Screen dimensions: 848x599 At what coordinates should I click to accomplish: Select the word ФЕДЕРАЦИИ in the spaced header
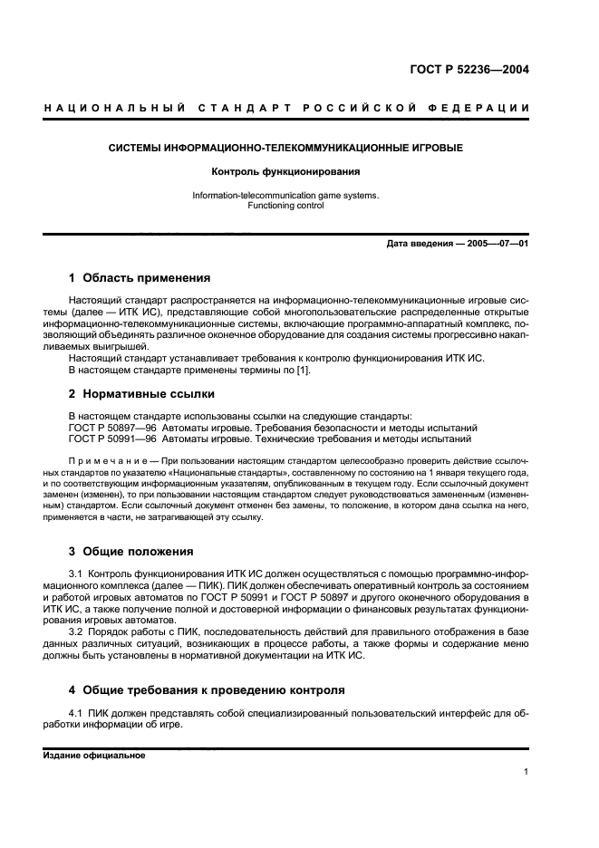click(488, 109)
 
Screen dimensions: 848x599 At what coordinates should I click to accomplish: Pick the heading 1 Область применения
click(140, 278)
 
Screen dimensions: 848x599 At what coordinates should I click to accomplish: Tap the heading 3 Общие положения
click(131, 551)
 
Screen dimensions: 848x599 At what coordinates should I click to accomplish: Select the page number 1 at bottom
click(526, 771)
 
